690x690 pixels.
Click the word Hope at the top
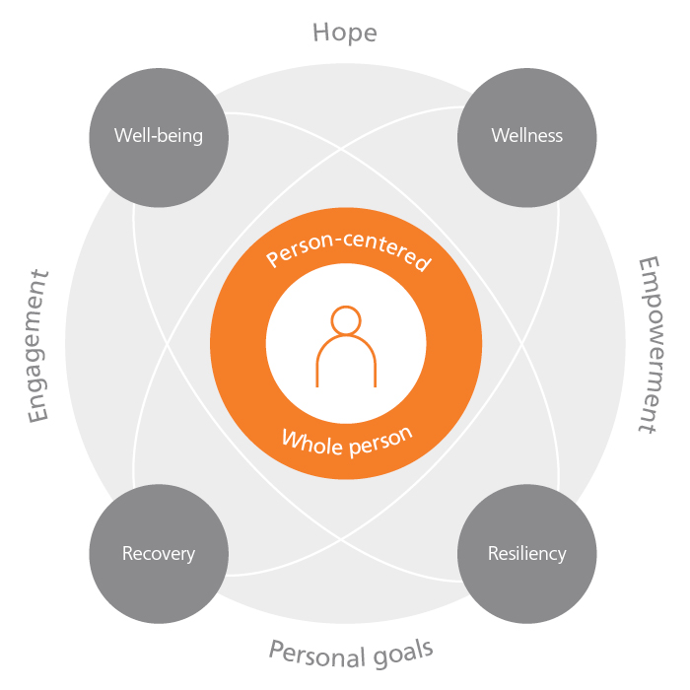[x=345, y=34]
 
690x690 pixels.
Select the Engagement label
[x=37, y=346]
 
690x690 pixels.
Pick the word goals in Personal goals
[x=403, y=654]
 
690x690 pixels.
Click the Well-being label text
[x=159, y=136]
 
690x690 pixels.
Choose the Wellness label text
[x=527, y=136]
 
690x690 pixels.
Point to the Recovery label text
[x=159, y=554]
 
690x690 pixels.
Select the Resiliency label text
[x=527, y=554]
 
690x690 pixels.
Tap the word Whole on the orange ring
[x=311, y=444]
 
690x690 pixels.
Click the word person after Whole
[x=381, y=443]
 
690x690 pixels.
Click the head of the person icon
[x=346, y=320]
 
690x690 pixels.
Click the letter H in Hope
[x=320, y=33]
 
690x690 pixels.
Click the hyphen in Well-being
[x=153, y=137]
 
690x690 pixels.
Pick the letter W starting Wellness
[x=501, y=136]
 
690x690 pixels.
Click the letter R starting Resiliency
[x=493, y=553]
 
